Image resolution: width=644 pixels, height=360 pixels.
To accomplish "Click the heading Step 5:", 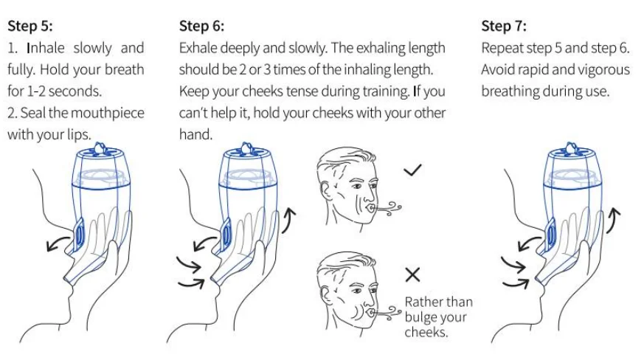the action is click(x=30, y=27).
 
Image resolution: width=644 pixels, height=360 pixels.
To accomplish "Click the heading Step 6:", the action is click(x=201, y=27).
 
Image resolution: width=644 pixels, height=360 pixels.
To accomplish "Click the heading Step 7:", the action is click(x=504, y=27).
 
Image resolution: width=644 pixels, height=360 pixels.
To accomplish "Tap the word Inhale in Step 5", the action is click(x=46, y=48).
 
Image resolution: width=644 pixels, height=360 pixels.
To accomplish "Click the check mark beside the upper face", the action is click(x=412, y=170).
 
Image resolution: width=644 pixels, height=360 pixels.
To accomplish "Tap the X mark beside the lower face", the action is click(x=412, y=274).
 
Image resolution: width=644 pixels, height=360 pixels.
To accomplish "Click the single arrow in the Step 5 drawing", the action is click(x=59, y=243).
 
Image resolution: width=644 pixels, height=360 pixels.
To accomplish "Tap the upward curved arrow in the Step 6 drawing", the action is click(x=288, y=220).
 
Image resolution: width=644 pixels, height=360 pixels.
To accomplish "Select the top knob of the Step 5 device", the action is click(x=100, y=149).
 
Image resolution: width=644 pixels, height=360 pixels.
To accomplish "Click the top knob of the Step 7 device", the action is click(x=571, y=149).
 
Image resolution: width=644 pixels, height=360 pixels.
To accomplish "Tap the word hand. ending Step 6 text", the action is click(x=195, y=134).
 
